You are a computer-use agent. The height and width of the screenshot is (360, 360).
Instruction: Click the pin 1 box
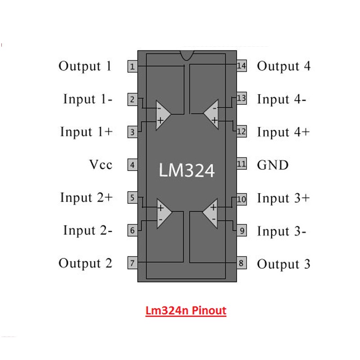(132, 67)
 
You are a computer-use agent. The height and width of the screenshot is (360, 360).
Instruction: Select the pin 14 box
(242, 66)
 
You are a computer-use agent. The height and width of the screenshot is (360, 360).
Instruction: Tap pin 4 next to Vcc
(132, 165)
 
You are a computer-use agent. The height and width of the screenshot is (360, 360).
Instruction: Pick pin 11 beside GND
(242, 164)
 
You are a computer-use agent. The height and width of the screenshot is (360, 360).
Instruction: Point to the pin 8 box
(242, 263)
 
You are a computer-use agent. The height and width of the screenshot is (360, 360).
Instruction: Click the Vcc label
(101, 165)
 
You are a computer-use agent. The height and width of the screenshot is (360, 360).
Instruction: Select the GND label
(272, 165)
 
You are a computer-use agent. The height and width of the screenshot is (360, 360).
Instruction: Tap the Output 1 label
(85, 66)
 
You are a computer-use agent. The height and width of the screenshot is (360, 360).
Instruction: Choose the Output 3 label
(283, 264)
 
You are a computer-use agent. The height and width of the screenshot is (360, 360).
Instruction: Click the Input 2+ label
(86, 198)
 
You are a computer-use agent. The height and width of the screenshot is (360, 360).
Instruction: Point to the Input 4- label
(282, 99)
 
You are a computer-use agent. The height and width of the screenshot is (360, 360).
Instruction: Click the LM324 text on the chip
(187, 170)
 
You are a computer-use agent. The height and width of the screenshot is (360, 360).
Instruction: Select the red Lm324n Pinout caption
(186, 311)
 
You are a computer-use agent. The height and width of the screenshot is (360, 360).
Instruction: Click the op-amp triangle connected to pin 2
(162, 115)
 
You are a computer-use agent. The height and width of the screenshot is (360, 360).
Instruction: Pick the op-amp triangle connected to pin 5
(162, 213)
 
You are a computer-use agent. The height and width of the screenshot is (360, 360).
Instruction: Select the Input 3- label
(282, 231)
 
